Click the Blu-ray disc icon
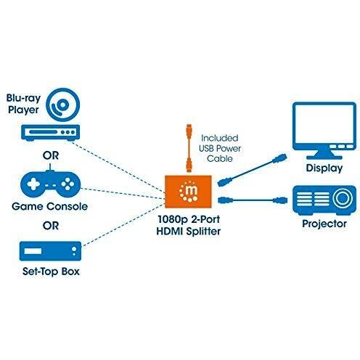click(62, 105)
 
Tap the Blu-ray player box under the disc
click(50, 133)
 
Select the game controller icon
click(50, 183)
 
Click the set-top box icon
click(50, 251)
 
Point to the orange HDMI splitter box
click(188, 192)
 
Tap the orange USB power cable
click(189, 148)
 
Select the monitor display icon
click(324, 131)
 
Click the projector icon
click(324, 200)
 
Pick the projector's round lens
click(342, 198)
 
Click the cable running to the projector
click(253, 200)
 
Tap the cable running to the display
click(252, 170)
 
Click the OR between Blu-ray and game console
click(51, 155)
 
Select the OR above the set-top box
click(51, 226)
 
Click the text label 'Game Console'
click(49, 206)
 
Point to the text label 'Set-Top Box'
click(51, 271)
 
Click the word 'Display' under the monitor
click(324, 168)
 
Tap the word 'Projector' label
click(324, 224)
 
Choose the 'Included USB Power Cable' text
click(220, 148)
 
